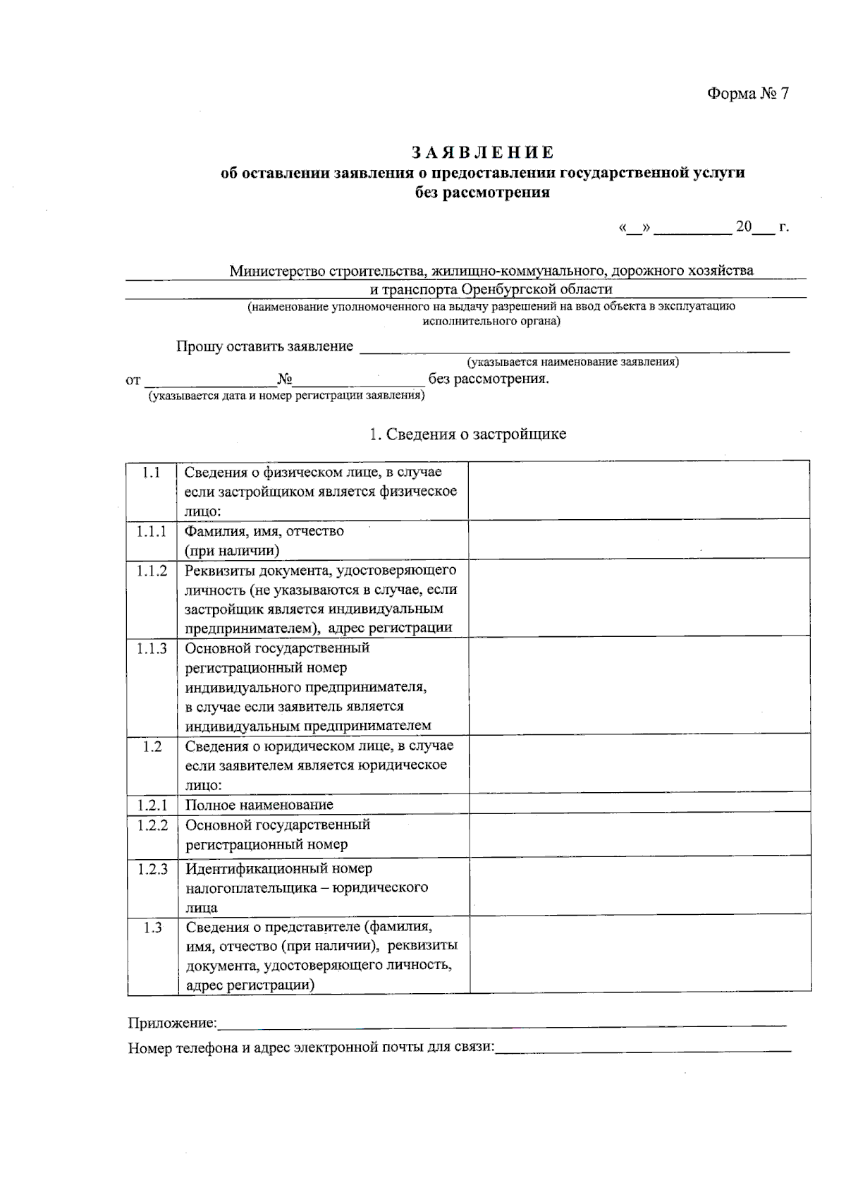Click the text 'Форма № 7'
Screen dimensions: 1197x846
[x=748, y=94]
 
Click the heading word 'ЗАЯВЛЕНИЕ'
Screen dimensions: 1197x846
[x=483, y=152]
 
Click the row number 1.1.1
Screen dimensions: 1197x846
[x=152, y=531]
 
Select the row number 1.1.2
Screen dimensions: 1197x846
[x=152, y=571]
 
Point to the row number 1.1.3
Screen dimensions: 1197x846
[x=152, y=648]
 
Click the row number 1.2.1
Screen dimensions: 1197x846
[x=152, y=805]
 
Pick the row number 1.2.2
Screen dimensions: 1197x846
[x=152, y=825]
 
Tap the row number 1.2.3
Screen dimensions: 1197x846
[x=152, y=869]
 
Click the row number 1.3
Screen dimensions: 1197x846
[x=152, y=928]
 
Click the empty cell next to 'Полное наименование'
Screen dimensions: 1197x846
[x=639, y=804]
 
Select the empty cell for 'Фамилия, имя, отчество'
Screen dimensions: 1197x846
[x=639, y=540]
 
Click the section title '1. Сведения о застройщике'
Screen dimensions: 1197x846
[x=468, y=434]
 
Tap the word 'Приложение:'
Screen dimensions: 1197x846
[x=172, y=1023]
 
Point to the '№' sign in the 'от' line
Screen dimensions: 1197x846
[x=285, y=379]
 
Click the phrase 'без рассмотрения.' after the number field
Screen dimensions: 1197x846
[x=489, y=379]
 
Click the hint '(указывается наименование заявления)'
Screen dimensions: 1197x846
[x=572, y=363]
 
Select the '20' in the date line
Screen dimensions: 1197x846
[x=744, y=226]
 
